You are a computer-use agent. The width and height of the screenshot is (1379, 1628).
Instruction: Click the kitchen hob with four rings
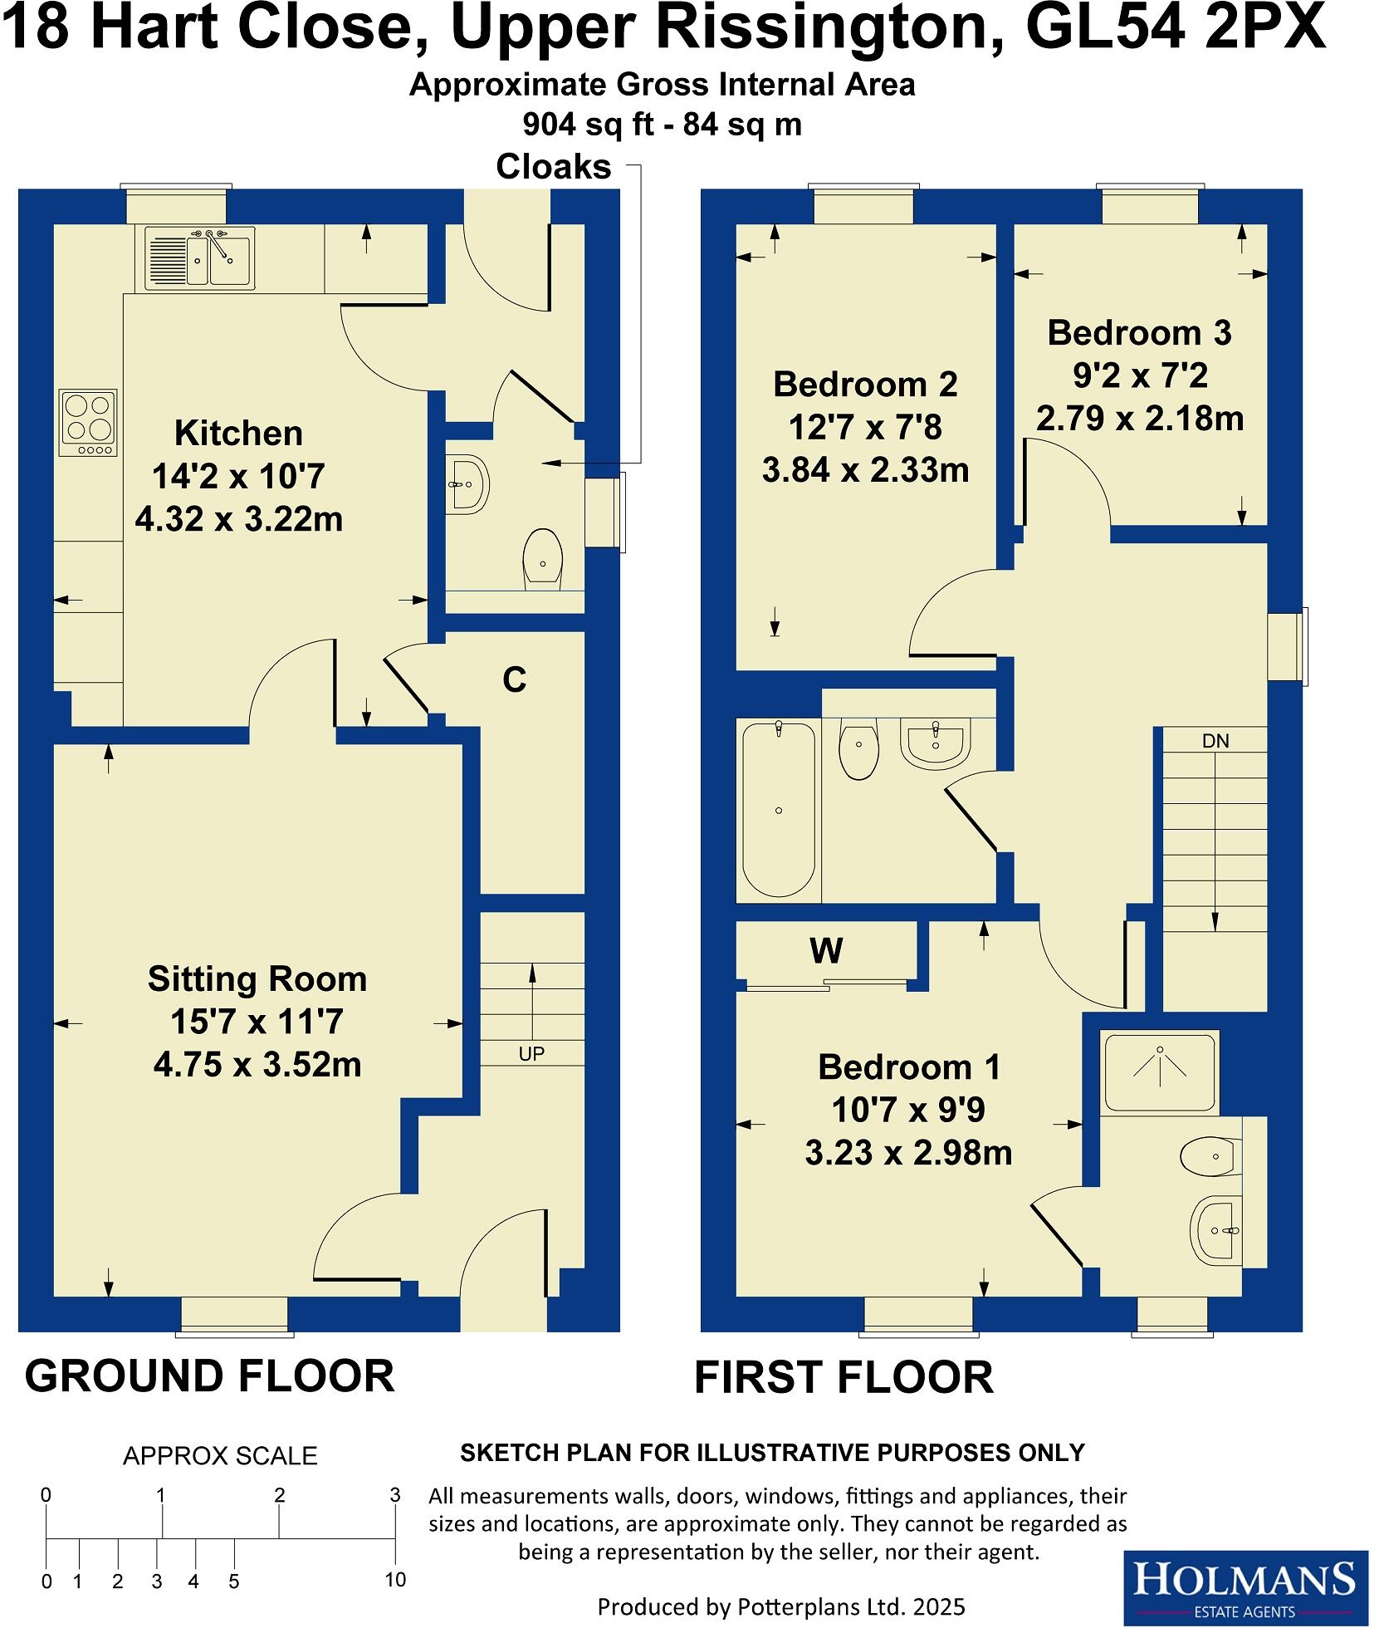tap(87, 423)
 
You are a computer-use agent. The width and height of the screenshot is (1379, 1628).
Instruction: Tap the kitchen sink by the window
tap(200, 257)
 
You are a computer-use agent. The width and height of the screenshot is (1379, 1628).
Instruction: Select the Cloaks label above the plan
tap(553, 167)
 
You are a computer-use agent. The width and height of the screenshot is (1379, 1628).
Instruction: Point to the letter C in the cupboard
tap(514, 680)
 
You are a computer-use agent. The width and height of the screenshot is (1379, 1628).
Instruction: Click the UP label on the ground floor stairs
tap(531, 1054)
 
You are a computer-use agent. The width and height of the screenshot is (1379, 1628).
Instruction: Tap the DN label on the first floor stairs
tap(1215, 741)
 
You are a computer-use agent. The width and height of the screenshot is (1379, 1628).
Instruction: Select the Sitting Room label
tap(257, 979)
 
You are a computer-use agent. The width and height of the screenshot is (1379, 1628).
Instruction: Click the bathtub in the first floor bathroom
tap(778, 810)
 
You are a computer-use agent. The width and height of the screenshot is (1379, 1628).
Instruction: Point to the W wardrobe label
tap(826, 950)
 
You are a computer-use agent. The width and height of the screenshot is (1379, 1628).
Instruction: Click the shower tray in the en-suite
tap(1159, 1071)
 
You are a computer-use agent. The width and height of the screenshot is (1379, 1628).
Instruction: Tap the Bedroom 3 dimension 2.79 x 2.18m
tap(1139, 419)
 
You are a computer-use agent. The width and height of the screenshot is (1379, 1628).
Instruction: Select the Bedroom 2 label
tap(865, 385)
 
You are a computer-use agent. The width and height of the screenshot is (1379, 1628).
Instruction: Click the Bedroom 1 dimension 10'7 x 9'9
tap(908, 1110)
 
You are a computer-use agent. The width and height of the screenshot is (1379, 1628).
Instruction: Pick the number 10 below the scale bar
tap(395, 1579)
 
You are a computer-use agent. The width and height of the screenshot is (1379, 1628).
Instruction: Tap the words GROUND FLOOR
tap(209, 1375)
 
